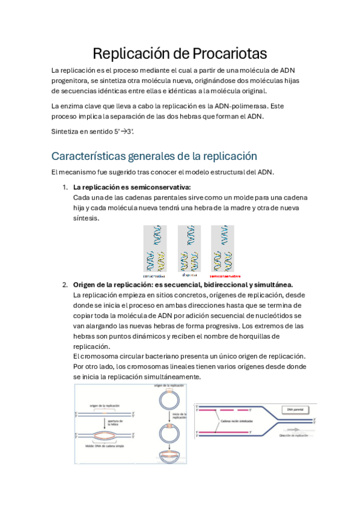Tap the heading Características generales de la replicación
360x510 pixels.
(x=154, y=156)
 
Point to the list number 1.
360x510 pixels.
(x=65, y=187)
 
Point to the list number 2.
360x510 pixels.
(x=65, y=284)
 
